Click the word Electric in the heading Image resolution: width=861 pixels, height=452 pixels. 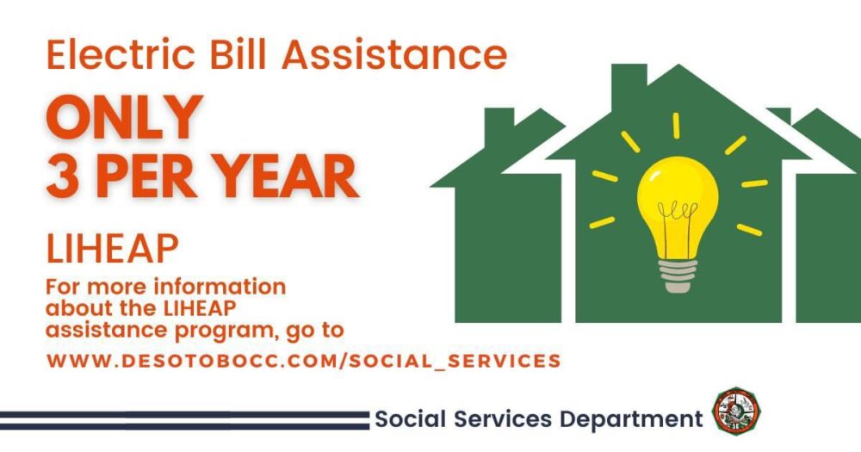(121, 54)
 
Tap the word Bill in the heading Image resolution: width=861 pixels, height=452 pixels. (239, 54)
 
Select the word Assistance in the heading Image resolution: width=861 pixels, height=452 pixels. (395, 54)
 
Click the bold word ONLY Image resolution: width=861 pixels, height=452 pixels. (125, 117)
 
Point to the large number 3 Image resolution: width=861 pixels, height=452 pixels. (62, 176)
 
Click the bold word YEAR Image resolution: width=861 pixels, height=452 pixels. (286, 176)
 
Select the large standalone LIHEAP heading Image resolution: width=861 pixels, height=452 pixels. (113, 249)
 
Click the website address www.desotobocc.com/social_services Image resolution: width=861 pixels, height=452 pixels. (304, 361)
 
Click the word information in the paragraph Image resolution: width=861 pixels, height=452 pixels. (219, 287)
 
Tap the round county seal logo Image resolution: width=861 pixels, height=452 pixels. (736, 412)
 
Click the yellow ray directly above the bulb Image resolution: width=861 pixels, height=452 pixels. (677, 126)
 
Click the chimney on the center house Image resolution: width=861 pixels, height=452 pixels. (629, 84)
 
